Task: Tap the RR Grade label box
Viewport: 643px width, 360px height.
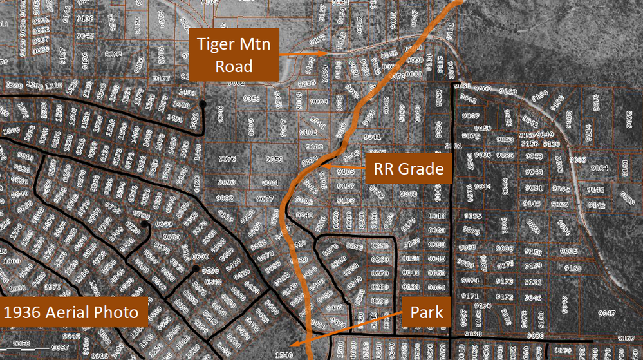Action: click(409, 169)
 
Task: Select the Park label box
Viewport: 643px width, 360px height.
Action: click(427, 313)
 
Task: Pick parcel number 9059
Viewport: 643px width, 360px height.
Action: click(274, 159)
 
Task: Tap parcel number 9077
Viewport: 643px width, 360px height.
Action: click(265, 199)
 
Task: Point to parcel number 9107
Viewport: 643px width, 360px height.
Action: click(346, 187)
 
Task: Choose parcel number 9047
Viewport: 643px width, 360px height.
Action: click(607, 313)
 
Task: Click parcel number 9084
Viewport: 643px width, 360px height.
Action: click(599, 168)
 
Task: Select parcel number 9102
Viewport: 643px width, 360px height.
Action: click(308, 133)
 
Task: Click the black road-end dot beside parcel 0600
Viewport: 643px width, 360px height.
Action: click(194, 268)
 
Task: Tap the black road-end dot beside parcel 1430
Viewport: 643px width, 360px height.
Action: click(203, 103)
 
